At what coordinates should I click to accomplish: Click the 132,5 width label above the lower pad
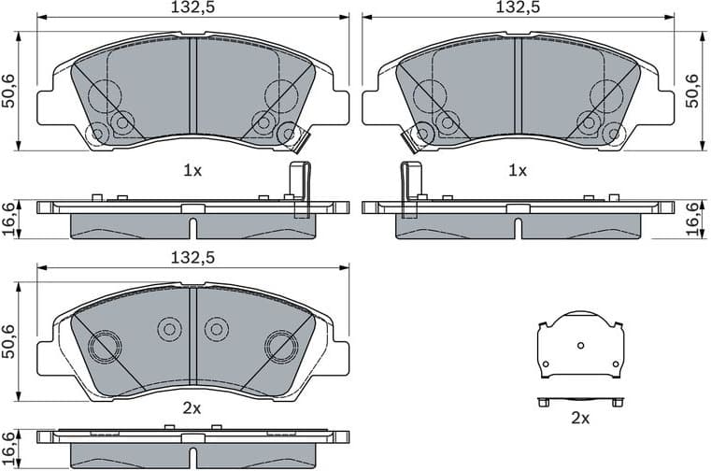pos(192,258)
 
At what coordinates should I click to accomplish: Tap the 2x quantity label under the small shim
pos(580,419)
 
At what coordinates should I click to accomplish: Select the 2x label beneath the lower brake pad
pos(192,408)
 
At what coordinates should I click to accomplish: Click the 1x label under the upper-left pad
pos(192,171)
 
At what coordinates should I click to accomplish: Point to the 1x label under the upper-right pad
pos(517,171)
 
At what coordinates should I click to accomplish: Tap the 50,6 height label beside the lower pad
pos(8,342)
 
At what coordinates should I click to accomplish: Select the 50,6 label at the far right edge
pos(692,91)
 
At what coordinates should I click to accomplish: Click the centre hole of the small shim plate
pos(581,346)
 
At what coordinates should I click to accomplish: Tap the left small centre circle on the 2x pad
pos(169,328)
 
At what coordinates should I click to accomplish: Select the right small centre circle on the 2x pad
pos(217,328)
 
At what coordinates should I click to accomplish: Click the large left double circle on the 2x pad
pos(104,347)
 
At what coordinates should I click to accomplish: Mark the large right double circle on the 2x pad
pos(279,347)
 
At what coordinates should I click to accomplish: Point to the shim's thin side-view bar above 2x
pos(580,401)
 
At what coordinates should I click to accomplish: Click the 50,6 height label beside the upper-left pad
pos(8,91)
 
